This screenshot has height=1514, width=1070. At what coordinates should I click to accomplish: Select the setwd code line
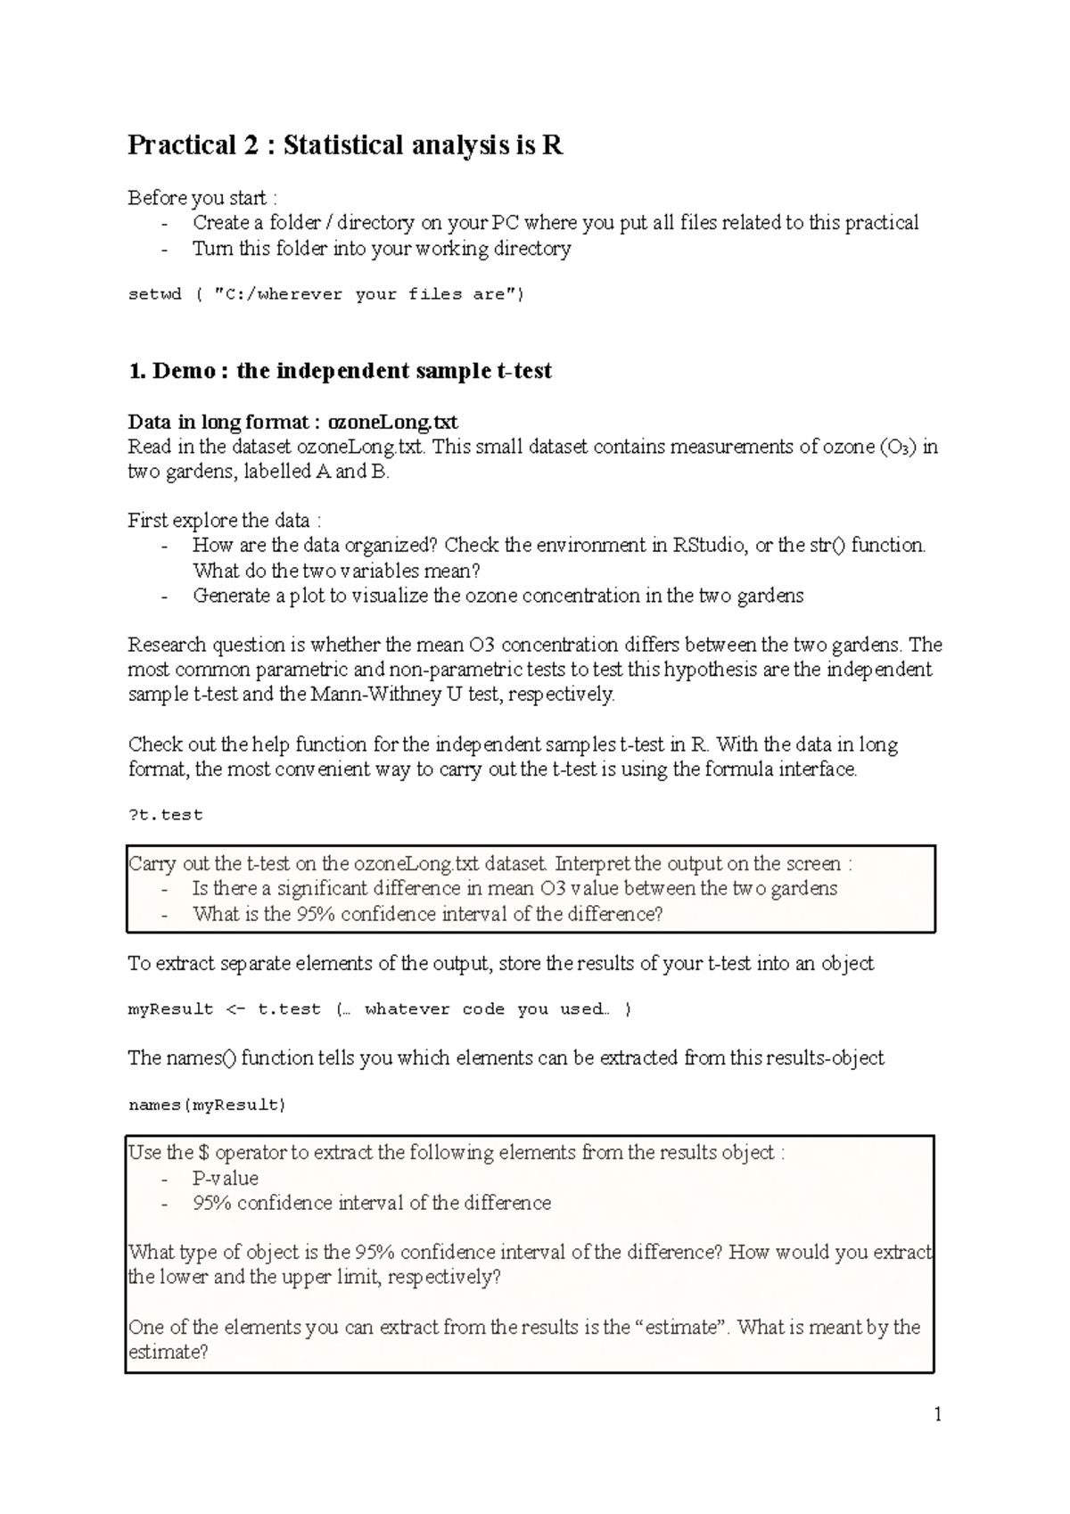tap(326, 294)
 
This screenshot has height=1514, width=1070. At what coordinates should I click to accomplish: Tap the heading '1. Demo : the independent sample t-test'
tap(340, 371)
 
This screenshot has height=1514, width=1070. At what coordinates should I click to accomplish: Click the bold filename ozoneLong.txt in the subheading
tap(393, 422)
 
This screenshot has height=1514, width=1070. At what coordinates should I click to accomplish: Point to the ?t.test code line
tap(166, 815)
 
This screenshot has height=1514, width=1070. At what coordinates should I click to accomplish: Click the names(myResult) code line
tap(207, 1106)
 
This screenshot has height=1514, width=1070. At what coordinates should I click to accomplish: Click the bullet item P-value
tap(226, 1178)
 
